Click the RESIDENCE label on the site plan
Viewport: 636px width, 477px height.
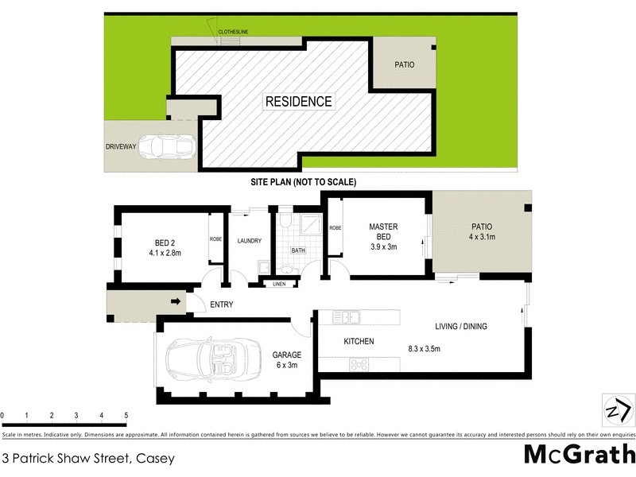point(298,101)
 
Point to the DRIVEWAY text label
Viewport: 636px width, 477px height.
point(120,147)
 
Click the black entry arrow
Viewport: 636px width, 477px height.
point(174,301)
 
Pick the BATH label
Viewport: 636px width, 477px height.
point(298,250)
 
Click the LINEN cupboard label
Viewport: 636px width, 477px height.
point(279,284)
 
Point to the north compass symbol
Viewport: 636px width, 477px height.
point(617,409)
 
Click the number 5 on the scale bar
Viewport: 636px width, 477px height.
point(126,416)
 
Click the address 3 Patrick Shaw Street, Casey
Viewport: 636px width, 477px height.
point(88,458)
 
